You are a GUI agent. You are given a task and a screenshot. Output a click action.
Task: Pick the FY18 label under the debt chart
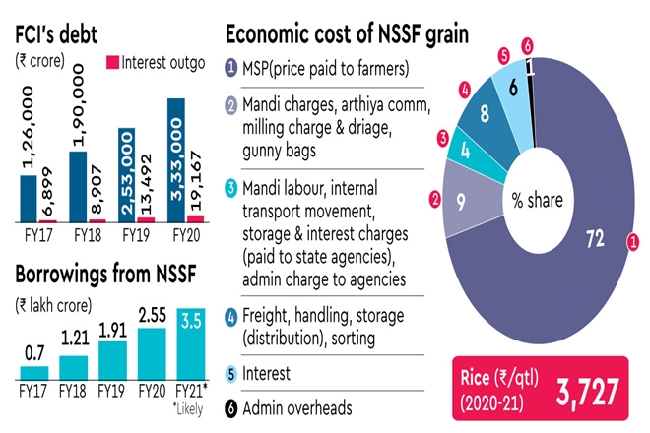83,236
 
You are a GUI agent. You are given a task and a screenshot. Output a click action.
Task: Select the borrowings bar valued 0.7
34,373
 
